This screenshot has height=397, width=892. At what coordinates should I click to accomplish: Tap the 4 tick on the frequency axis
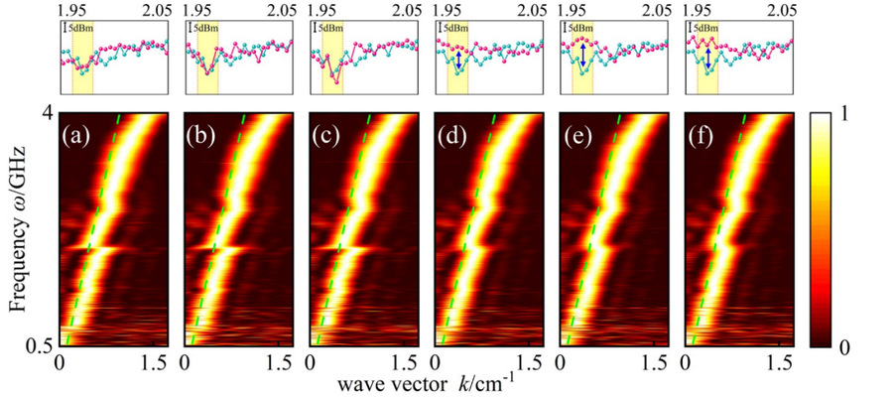point(46,114)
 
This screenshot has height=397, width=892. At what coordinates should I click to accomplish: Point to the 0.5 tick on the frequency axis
point(38,346)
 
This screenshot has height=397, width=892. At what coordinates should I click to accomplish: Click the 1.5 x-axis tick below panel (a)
point(151,361)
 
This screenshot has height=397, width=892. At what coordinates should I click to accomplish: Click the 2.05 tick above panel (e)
point(655,11)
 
